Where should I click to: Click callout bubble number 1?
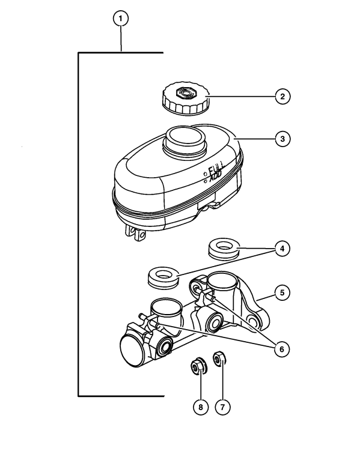click(121, 19)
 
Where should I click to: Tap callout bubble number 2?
click(282, 97)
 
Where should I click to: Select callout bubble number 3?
click(282, 139)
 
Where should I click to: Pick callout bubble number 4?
click(282, 249)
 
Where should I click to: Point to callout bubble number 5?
click(282, 292)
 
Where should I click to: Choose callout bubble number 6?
click(282, 349)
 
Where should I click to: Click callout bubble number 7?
click(222, 407)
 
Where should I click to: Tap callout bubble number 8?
click(201, 407)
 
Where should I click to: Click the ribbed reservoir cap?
click(186, 98)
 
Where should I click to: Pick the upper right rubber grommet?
click(224, 249)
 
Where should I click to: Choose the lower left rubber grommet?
click(163, 277)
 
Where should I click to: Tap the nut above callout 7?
click(219, 359)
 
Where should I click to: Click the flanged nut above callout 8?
click(198, 366)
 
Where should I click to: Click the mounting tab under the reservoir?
click(136, 234)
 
